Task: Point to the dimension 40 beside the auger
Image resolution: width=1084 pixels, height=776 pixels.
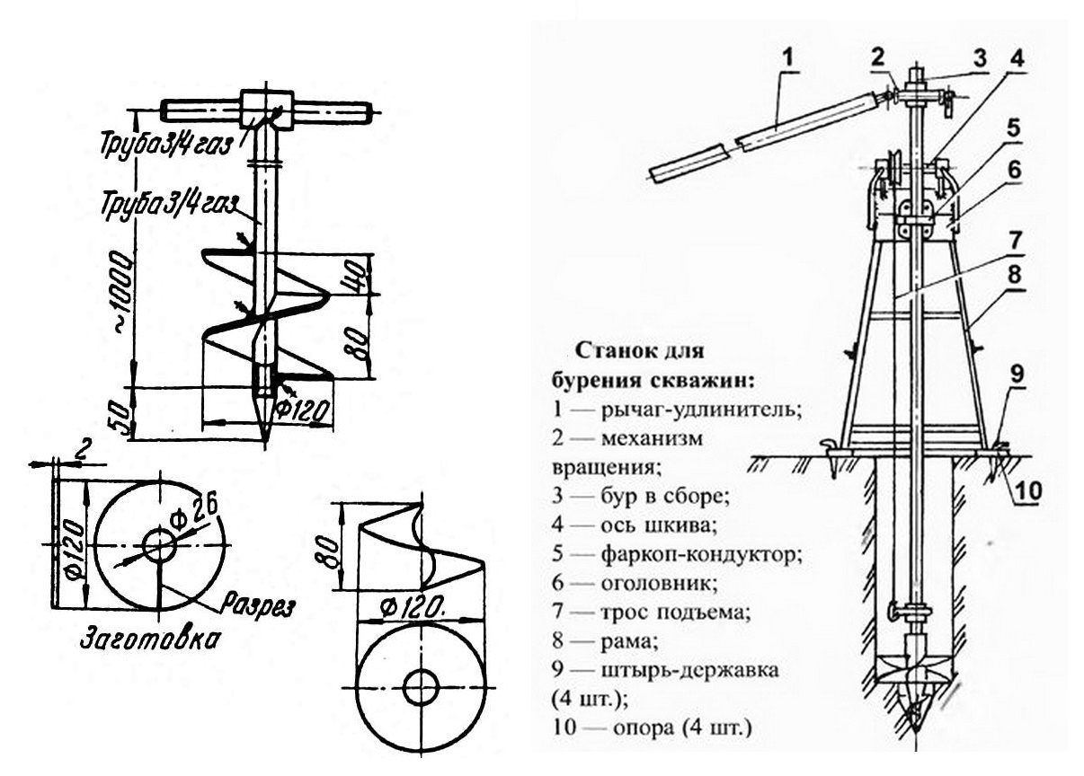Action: (x=354, y=271)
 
